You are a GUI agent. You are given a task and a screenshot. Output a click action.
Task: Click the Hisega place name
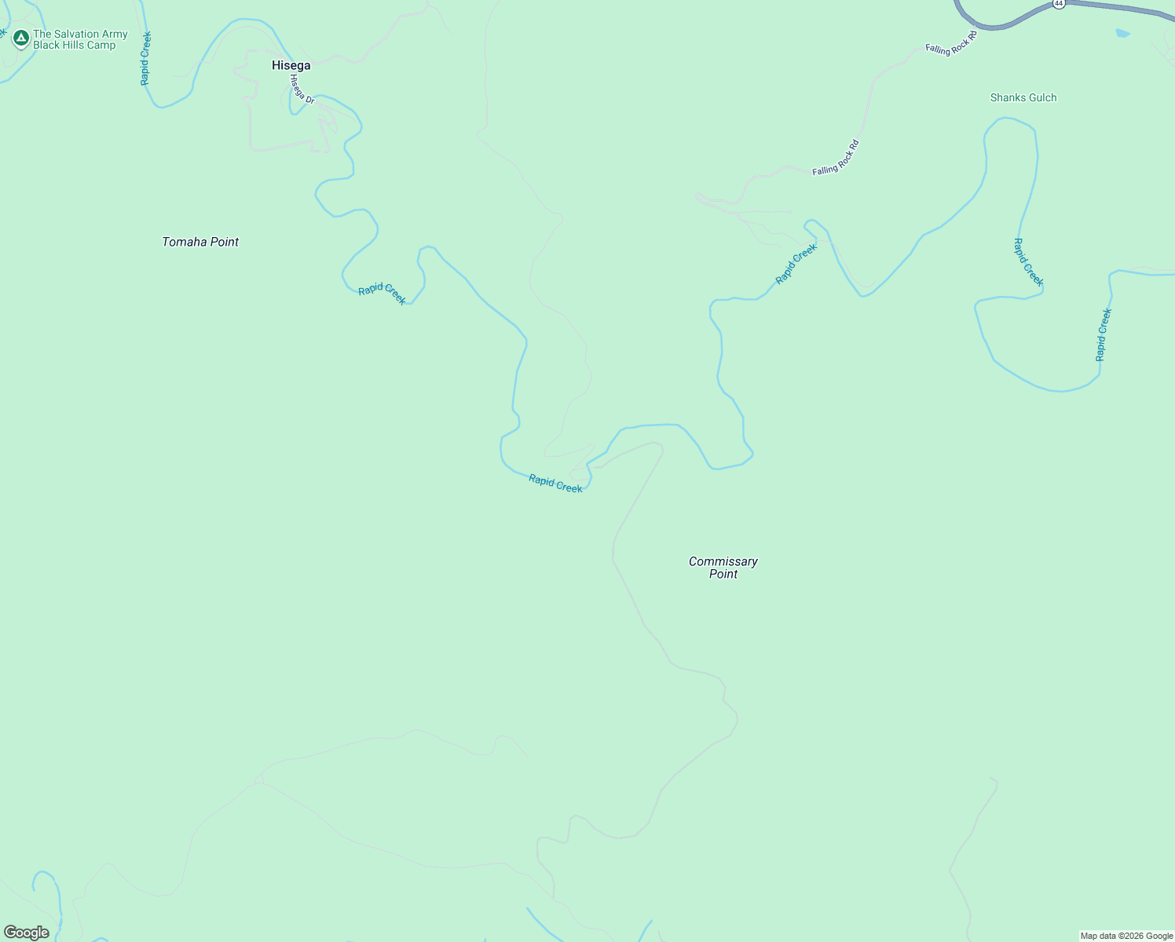tap(291, 66)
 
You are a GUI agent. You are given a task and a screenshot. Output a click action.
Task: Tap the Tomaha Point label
tap(200, 242)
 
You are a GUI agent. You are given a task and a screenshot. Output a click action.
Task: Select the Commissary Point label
tap(723, 568)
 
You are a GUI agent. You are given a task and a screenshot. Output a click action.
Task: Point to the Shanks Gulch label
tap(1023, 98)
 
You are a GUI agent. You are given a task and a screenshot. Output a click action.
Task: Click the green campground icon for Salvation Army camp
tap(21, 37)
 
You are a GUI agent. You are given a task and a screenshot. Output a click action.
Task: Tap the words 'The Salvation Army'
tap(80, 34)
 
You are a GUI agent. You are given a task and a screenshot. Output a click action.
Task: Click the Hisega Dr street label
tap(302, 89)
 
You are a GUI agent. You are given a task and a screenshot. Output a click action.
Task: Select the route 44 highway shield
tap(1059, 4)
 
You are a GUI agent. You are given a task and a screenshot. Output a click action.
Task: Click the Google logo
tap(27, 933)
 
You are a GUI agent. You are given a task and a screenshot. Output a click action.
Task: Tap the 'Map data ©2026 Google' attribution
tap(1126, 936)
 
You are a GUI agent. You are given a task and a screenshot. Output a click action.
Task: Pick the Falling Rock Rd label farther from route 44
tap(836, 157)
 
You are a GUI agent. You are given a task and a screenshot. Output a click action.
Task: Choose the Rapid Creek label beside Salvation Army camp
tap(145, 59)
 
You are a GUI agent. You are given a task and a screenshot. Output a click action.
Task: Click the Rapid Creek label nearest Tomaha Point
tap(383, 294)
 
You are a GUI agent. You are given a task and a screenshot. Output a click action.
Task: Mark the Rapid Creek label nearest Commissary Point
tap(555, 484)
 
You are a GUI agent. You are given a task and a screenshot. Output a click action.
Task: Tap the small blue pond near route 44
tap(1122, 34)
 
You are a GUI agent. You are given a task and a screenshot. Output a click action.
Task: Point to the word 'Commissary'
tap(723, 561)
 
